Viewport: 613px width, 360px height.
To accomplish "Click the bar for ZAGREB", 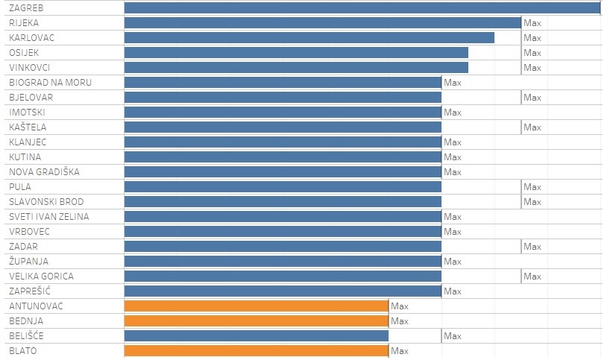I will [362, 8].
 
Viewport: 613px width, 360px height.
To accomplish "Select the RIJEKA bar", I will [322, 23].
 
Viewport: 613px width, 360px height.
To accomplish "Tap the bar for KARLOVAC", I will [309, 38].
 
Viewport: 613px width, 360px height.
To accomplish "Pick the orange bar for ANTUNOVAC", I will [256, 306].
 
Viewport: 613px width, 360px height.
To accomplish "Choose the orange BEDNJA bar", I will [256, 321].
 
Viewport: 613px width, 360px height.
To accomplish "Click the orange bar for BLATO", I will [256, 351].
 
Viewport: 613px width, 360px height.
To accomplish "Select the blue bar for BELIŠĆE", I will [256, 336].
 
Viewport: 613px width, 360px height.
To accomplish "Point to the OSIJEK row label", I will [24, 53].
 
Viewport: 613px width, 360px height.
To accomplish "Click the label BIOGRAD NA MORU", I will [50, 83].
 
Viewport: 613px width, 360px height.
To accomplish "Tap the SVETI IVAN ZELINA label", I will [48, 217].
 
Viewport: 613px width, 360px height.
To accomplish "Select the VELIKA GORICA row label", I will [41, 277].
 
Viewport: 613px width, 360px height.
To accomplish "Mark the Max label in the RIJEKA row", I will [532, 23].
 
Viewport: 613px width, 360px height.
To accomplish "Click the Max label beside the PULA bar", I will [532, 187].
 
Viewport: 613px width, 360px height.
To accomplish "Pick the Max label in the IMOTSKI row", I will [453, 113].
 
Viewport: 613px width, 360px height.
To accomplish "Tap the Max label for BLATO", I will [400, 351].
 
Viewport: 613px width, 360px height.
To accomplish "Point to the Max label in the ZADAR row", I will [532, 247].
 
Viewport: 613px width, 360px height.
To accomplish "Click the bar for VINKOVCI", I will [296, 68].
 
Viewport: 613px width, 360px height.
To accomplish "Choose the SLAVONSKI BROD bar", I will [283, 202].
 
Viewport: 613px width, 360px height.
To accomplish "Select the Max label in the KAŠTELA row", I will [532, 127].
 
